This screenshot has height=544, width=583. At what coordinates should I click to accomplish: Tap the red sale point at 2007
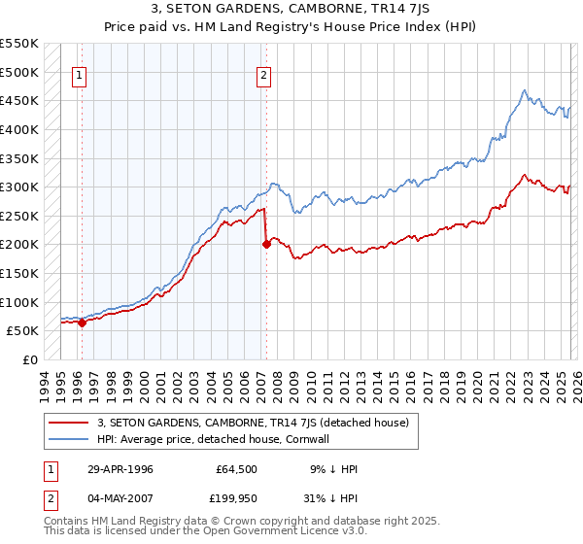266,245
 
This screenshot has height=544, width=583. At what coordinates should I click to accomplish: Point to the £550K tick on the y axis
19,45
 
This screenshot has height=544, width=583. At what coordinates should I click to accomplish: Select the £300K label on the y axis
19,187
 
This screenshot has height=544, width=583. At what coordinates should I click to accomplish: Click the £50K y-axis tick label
23,331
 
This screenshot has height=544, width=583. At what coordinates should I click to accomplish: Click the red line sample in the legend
69,423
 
